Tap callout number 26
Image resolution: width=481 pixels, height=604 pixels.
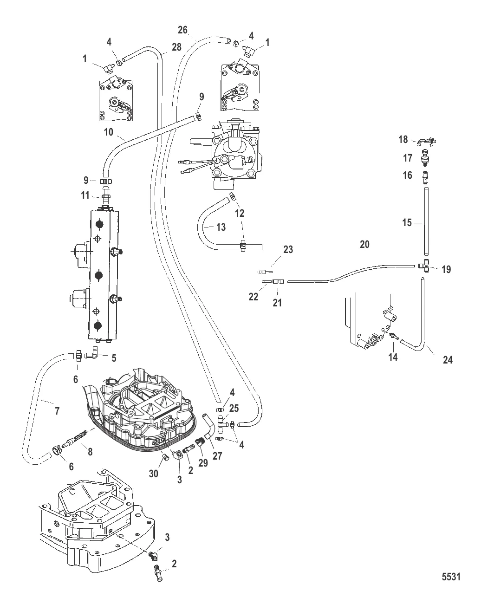183,30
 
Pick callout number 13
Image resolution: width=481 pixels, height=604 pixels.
221,227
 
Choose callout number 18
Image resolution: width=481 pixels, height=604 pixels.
403,139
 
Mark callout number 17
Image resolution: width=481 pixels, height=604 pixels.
408,158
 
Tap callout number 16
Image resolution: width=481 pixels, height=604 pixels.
407,175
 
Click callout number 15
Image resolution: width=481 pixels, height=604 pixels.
407,223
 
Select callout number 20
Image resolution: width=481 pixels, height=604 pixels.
364,244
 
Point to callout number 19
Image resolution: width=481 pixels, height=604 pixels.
446,269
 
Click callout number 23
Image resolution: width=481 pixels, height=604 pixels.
288,249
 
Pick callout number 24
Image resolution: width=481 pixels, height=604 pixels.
448,359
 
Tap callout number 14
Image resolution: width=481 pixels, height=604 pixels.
393,357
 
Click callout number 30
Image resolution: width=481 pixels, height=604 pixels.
154,474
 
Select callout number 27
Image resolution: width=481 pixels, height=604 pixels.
217,456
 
